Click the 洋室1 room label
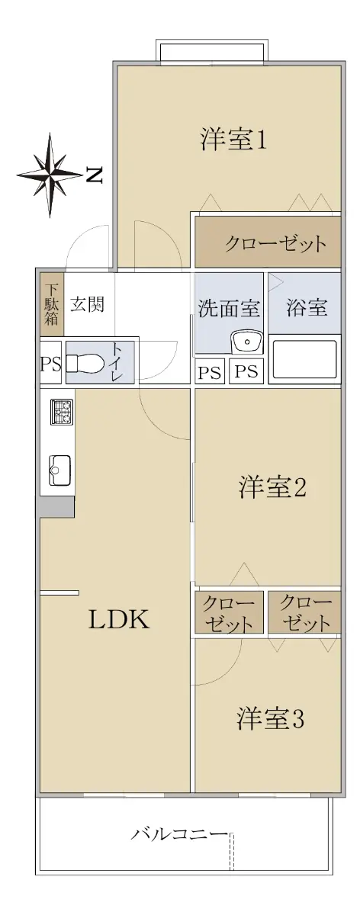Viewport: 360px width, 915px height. point(233,140)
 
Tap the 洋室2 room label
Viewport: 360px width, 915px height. point(272,487)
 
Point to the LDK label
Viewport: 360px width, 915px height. point(119,619)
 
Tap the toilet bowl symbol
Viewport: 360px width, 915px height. point(84,362)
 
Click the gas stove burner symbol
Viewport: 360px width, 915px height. point(61,412)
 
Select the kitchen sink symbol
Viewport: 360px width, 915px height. point(59,470)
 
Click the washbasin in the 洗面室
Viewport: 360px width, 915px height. point(248,342)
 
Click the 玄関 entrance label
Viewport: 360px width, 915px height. point(88,304)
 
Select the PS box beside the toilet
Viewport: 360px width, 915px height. point(50,363)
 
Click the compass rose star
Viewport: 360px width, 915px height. point(50,175)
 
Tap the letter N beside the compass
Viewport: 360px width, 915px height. point(94,175)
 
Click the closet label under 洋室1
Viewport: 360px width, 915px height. point(276,244)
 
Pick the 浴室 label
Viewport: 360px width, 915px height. point(307,307)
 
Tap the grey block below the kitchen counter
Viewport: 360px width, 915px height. point(56,507)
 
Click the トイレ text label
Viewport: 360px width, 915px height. point(117,362)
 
